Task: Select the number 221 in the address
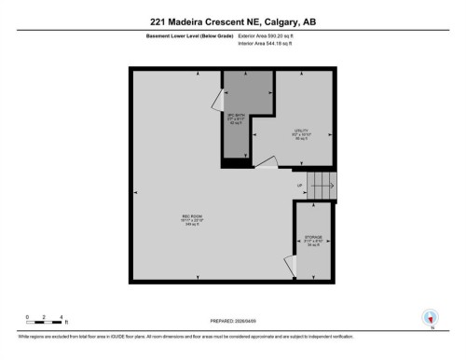click(x=160, y=22)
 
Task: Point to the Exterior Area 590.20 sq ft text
click(x=273, y=36)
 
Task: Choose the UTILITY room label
click(x=300, y=134)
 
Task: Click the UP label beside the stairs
click(x=299, y=185)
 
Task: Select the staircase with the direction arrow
click(x=320, y=184)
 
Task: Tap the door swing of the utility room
click(x=266, y=164)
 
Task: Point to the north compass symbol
click(x=430, y=318)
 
